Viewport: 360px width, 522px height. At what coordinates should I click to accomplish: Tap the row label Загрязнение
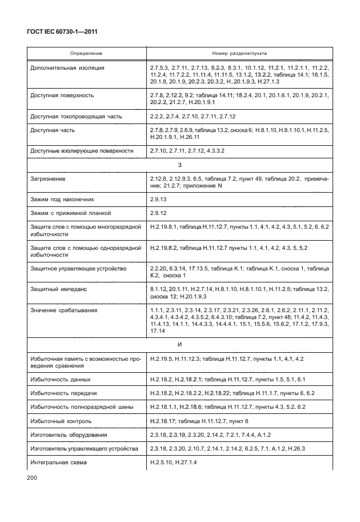click(47, 180)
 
